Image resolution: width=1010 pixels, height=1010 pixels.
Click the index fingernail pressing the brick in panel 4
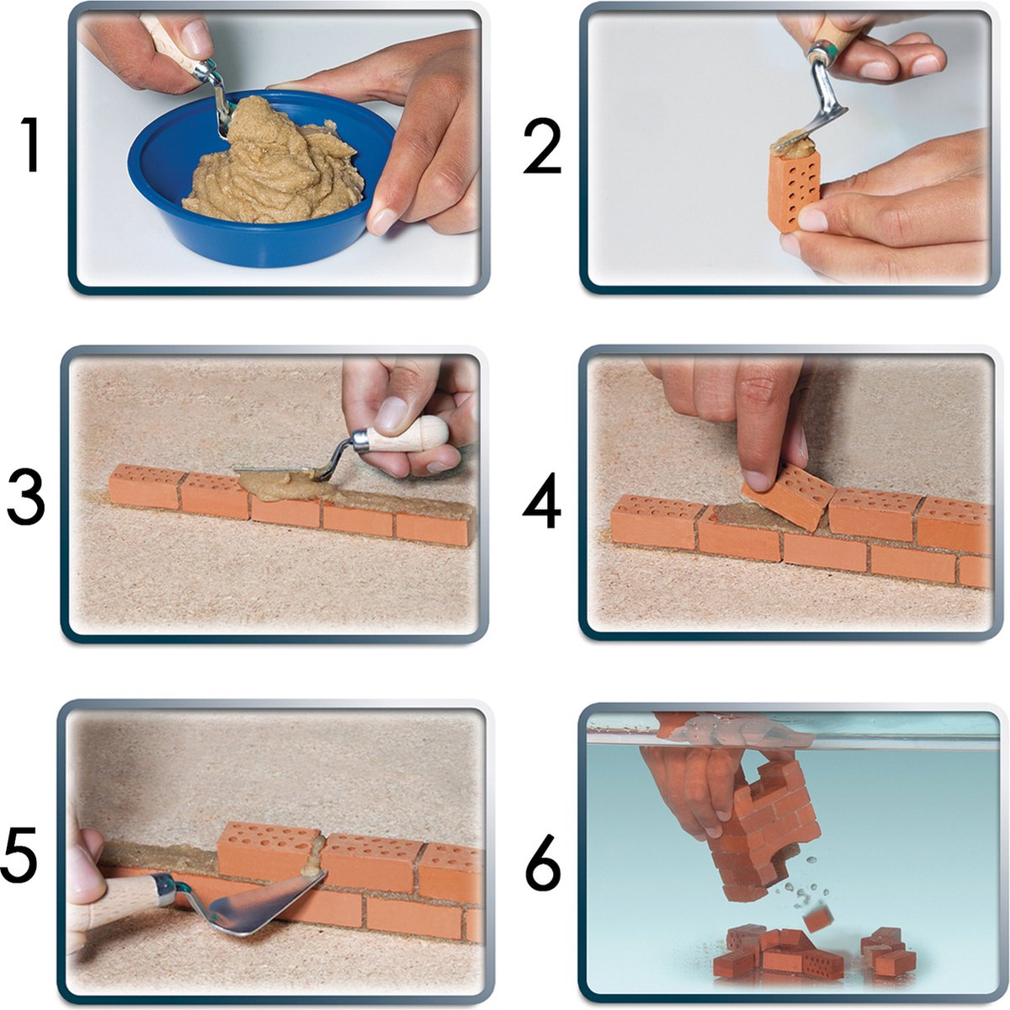coord(755,480)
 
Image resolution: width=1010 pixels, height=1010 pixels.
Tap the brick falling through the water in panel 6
coord(817,919)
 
